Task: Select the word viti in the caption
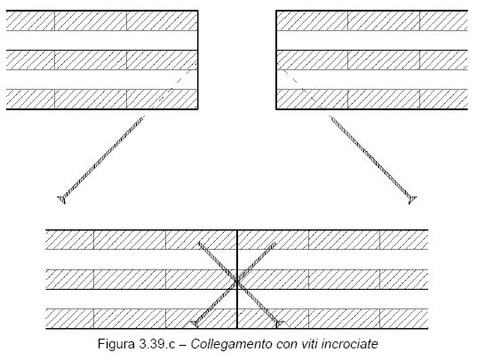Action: click(310, 344)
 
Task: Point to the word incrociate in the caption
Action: click(350, 344)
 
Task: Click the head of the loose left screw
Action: click(62, 199)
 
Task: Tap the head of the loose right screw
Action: click(412, 200)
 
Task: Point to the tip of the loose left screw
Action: click(144, 116)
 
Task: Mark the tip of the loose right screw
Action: click(330, 116)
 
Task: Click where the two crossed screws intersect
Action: click(236, 282)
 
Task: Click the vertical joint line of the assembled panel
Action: click(237, 279)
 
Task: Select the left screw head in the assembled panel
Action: click(194, 324)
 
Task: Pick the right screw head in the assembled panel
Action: click(279, 324)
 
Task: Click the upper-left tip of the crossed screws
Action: click(198, 243)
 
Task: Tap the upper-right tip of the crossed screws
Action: click(275, 243)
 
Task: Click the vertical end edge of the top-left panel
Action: click(198, 60)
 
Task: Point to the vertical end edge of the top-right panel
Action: click(276, 60)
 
